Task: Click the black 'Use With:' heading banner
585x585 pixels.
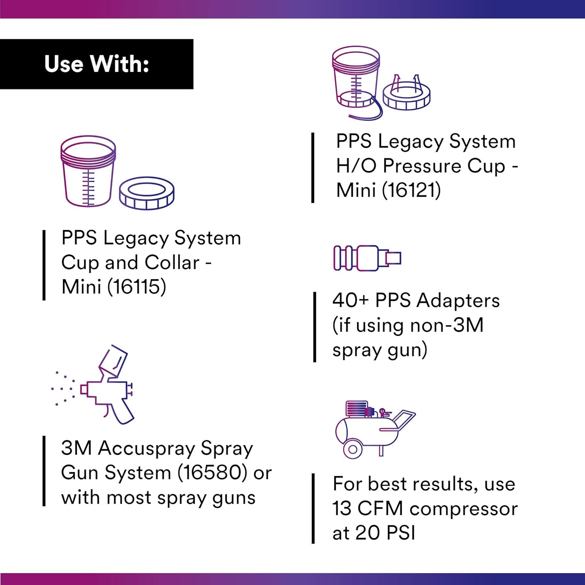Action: click(96, 64)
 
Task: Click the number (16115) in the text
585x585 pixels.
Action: click(136, 287)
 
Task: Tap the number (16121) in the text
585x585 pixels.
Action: click(411, 190)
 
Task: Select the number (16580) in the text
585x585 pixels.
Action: click(213, 473)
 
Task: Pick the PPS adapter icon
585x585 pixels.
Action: click(367, 258)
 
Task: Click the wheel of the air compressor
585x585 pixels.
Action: click(353, 449)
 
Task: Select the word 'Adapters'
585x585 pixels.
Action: click(458, 301)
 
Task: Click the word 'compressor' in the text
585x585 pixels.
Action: click(463, 509)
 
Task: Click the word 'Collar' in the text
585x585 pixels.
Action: click(172, 263)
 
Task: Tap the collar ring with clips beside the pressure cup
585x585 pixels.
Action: click(406, 96)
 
